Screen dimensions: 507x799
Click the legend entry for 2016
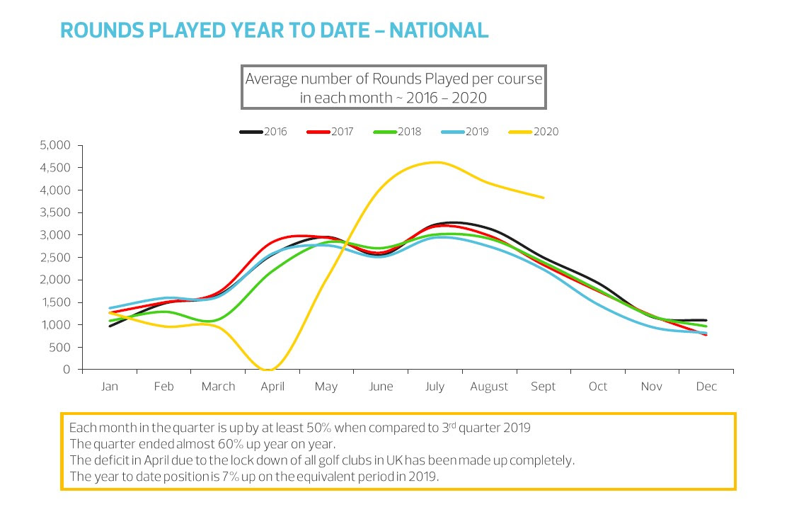(263, 132)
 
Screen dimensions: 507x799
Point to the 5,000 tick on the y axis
(57, 145)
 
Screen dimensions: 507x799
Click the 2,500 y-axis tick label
(57, 258)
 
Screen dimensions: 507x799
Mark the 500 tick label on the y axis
(62, 348)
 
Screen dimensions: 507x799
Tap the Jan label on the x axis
(110, 387)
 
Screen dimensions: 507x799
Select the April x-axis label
(272, 387)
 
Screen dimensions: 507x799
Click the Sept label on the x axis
(544, 387)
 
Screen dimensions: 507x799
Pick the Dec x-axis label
(706, 387)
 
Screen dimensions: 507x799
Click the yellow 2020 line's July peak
(435, 162)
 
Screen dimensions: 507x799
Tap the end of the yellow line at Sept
(543, 198)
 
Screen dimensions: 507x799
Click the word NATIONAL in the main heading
(439, 30)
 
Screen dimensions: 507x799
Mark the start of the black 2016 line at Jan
(110, 326)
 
